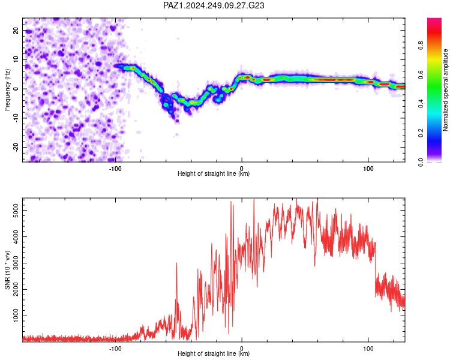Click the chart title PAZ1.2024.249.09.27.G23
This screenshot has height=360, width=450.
(214, 5)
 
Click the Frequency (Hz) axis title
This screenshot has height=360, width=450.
(7, 90)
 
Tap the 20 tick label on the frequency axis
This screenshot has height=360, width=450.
(16, 31)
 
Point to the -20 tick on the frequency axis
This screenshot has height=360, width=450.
(16, 147)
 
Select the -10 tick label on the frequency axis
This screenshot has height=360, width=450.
(16, 118)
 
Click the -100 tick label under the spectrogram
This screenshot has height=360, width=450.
(115, 169)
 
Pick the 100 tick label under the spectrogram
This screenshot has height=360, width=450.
(368, 169)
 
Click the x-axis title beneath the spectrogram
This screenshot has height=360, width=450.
(214, 173)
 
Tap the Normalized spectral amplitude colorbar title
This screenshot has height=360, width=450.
(445, 90)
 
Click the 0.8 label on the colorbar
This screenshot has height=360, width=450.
(421, 46)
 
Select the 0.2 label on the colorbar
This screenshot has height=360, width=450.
(421, 133)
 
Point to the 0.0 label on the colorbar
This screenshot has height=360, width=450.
(421, 162)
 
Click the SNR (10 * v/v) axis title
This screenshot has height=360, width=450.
(7, 270)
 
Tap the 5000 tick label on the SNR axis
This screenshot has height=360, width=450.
(16, 211)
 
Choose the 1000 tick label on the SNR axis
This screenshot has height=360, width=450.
(16, 316)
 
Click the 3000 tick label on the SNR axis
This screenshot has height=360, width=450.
(16, 263)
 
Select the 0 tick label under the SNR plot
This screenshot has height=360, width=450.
(242, 349)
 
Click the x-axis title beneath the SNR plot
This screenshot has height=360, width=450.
(214, 353)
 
